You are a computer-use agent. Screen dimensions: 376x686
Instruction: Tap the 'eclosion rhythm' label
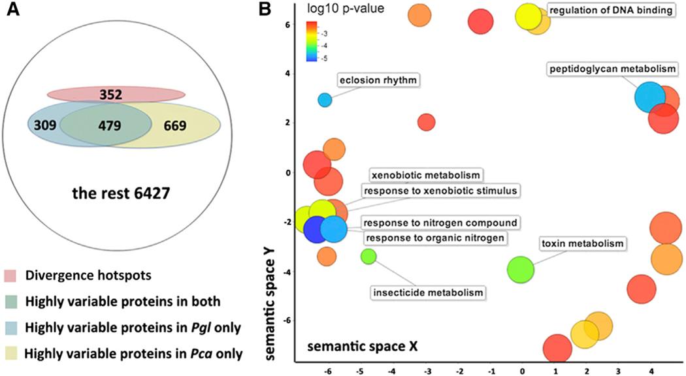point(378,80)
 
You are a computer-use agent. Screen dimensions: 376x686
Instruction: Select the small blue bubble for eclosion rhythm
point(325,100)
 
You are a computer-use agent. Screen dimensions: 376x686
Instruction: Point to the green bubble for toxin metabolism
point(521,269)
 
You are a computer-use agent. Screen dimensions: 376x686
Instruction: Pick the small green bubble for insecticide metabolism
point(368,256)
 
